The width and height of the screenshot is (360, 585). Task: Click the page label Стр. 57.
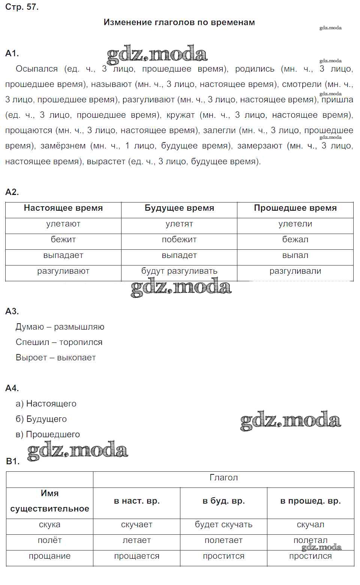pos(22,7)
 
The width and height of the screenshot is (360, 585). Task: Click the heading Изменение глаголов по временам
pos(179,22)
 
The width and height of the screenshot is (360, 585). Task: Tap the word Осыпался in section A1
pos(37,69)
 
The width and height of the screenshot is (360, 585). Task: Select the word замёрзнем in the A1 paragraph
pos(63,146)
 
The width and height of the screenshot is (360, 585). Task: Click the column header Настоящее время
pos(63,208)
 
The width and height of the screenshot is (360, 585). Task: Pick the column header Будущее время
pos(179,208)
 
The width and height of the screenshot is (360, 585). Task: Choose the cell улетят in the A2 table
pos(179,224)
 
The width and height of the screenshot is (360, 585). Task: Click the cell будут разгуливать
pos(179,271)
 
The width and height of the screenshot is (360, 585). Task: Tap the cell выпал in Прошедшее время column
pos(295,255)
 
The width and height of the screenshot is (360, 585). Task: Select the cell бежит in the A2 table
pos(63,240)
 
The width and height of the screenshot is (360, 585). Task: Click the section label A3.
pos(12,311)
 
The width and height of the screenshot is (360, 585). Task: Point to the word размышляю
pos(79,327)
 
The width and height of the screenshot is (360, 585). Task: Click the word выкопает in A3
pos(76,358)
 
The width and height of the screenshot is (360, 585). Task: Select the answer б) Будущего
pos(41,419)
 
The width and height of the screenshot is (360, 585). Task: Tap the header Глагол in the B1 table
pos(223,478)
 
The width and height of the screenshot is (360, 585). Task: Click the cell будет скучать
pos(223,525)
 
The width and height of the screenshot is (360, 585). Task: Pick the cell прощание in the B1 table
pos(49,556)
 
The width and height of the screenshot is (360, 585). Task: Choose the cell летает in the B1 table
pos(136,540)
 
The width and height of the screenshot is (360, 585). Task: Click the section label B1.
pos(13,461)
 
